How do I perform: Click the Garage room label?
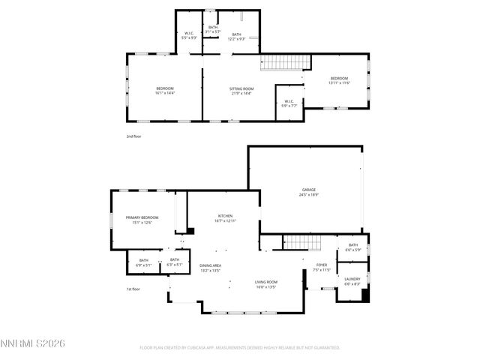click(309, 192)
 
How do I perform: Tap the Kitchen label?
click(226, 217)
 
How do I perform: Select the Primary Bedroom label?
click(142, 220)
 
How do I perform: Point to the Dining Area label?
click(210, 268)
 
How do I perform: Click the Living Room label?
click(265, 283)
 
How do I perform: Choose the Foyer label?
click(321, 267)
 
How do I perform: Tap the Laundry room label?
click(352, 281)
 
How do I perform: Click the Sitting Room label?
click(241, 91)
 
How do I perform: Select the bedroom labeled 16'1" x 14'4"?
click(165, 91)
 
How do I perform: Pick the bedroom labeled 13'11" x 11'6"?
click(340, 81)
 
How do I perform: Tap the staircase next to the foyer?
click(298, 242)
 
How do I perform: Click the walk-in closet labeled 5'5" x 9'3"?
click(189, 35)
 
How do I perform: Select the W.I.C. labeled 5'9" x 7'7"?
click(289, 104)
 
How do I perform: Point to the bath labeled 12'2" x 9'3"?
click(236, 36)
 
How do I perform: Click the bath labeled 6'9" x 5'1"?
click(143, 262)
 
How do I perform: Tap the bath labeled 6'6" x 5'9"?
click(352, 247)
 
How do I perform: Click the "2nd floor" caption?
click(133, 136)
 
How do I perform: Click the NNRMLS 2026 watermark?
click(33, 343)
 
